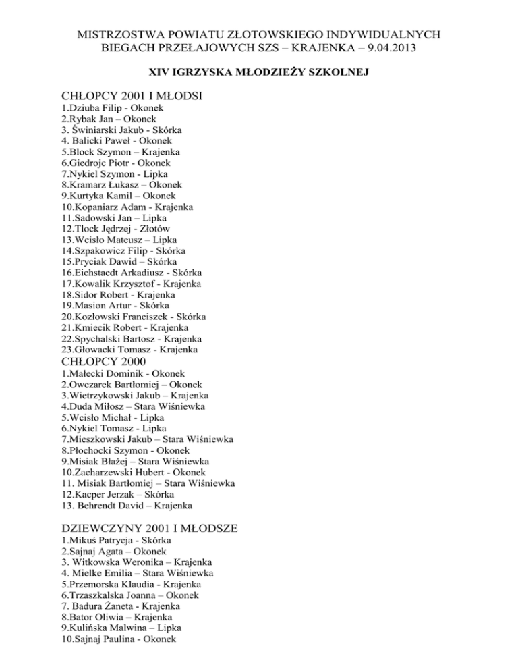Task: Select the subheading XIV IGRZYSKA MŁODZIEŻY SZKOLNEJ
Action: [259, 72]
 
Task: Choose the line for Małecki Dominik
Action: [132, 373]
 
